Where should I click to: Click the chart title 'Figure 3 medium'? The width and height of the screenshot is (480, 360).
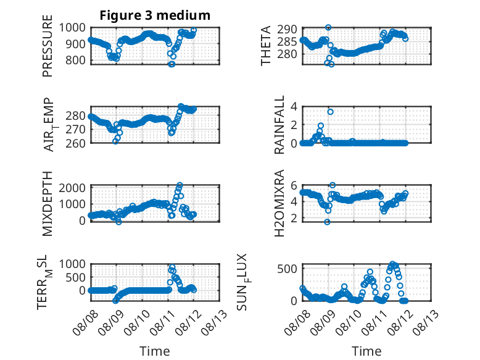[x=155, y=15]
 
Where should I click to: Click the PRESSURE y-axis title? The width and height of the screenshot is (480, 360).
[x=48, y=46]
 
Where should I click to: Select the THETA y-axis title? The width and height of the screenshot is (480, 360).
[x=266, y=46]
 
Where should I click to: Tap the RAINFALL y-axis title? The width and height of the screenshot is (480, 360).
[x=279, y=125]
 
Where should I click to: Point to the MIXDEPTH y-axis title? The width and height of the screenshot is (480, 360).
[x=48, y=204]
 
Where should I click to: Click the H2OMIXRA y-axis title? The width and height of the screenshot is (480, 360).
[x=279, y=203]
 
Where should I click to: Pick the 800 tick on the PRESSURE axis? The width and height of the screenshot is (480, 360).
[x=75, y=60]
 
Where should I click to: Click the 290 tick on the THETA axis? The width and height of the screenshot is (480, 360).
[x=287, y=30]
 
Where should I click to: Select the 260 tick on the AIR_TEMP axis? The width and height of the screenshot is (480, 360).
[x=75, y=143]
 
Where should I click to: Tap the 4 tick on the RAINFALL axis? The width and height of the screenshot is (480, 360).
[x=294, y=107]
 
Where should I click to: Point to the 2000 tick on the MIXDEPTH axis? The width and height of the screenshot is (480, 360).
[x=72, y=188]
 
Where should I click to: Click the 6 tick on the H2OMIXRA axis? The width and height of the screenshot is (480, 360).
[x=294, y=185]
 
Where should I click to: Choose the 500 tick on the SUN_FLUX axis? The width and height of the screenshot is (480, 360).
[x=287, y=269]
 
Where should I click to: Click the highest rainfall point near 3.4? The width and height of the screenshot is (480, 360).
[x=330, y=112]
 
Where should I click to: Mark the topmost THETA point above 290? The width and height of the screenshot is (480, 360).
[x=328, y=27]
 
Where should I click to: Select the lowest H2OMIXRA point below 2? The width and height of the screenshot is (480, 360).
[x=327, y=222]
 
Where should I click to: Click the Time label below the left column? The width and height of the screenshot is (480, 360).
[x=155, y=351]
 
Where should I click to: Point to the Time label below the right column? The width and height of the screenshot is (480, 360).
[x=366, y=351]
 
